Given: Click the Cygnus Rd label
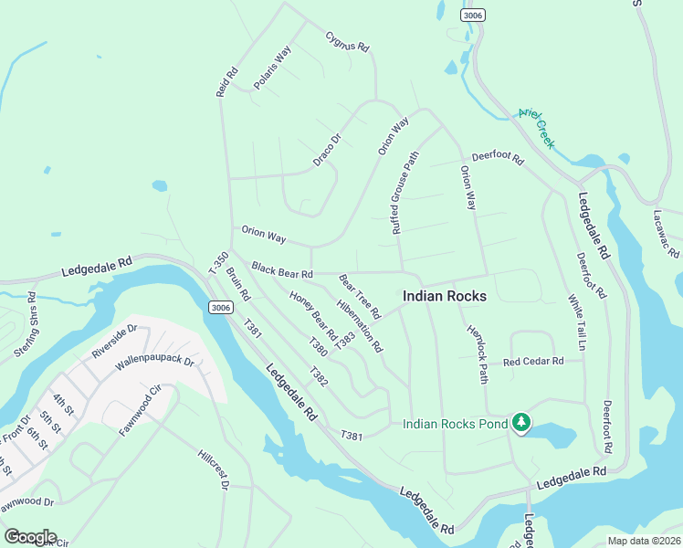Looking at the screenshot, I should tap(347, 41).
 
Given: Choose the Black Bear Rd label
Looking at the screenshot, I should tap(282, 271).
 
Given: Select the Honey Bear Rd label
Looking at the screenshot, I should tap(313, 312).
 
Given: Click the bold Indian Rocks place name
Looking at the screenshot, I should tap(445, 297).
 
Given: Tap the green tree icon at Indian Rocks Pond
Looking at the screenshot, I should tap(520, 422).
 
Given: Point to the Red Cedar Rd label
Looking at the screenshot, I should tap(533, 362).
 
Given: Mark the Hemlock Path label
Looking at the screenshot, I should tap(478, 354).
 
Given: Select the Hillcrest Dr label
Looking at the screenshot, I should tap(213, 469).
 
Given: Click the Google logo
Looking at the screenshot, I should tap(29, 537).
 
